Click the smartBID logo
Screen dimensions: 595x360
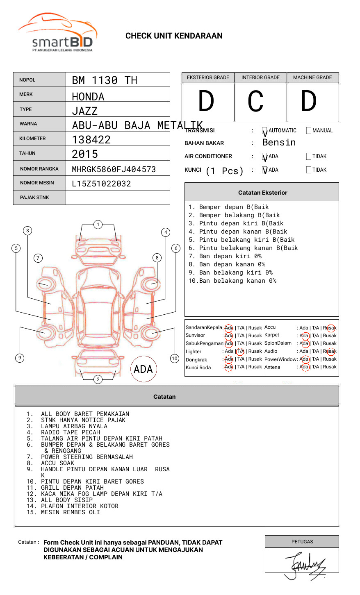tap(57, 33)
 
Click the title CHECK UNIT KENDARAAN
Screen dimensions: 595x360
tap(174, 36)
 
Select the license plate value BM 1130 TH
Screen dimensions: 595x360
tap(105, 80)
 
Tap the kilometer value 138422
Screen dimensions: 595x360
tap(91, 140)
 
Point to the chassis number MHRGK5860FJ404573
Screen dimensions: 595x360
tap(114, 169)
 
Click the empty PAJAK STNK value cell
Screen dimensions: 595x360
tap(118, 198)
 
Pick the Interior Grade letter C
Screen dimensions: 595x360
tap(255, 102)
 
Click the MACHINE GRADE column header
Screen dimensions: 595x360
tap(312, 77)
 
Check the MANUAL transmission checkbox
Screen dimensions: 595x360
tap(309, 131)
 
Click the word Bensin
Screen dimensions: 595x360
tap(279, 143)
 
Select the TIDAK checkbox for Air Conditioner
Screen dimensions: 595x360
tap(309, 157)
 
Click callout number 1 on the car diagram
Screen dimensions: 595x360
tap(98, 225)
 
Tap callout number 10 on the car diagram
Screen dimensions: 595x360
tap(175, 359)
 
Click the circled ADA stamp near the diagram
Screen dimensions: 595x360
tap(143, 369)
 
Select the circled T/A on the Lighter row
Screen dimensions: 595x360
tap(240, 351)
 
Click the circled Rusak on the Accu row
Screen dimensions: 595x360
tap(330, 328)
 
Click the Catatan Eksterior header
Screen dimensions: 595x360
tap(262, 193)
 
